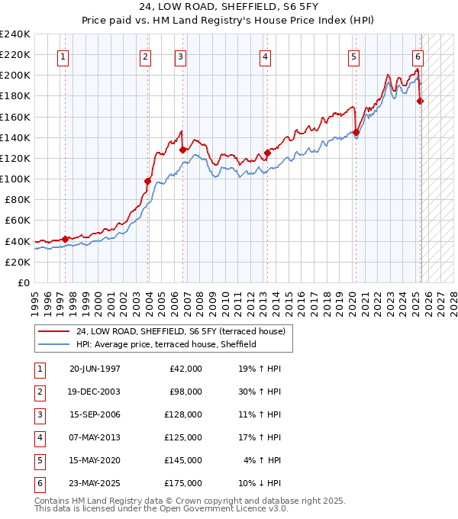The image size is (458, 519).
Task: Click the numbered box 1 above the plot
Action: point(62,56)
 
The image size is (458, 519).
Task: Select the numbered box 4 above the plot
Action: point(264,56)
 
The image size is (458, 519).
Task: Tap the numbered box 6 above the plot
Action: point(418,56)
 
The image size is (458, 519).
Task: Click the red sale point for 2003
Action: point(148,181)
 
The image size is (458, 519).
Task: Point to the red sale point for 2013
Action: point(268,152)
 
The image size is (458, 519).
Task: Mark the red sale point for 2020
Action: point(356,132)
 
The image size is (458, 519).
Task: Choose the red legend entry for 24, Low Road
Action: point(180,331)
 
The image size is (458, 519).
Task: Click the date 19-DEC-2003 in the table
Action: point(95,392)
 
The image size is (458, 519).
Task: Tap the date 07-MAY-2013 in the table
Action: point(95,437)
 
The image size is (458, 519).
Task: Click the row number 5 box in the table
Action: point(39,460)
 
